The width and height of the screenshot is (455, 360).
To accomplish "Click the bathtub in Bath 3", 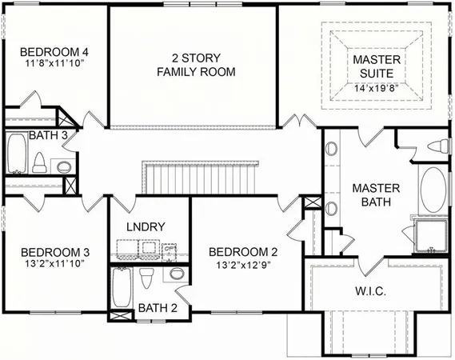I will pyautogui.click(x=16, y=154).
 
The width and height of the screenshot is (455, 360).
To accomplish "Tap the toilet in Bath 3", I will pyautogui.click(x=38, y=162).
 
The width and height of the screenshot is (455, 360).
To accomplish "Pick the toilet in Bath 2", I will pyautogui.click(x=146, y=279).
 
